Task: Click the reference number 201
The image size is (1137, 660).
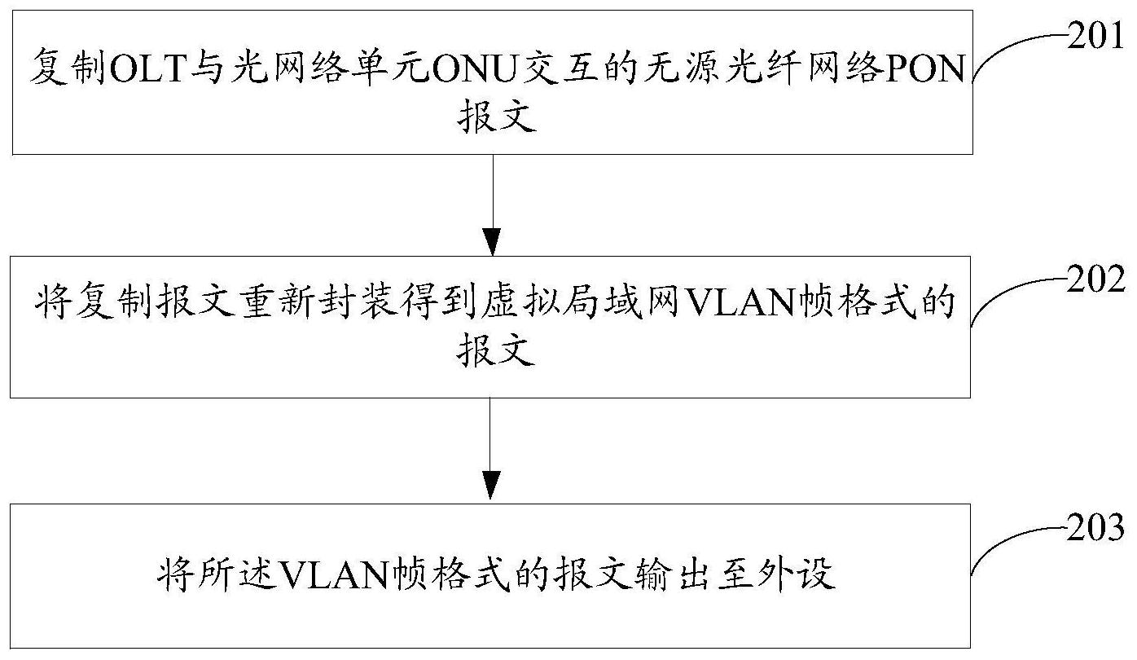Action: click(x=1095, y=36)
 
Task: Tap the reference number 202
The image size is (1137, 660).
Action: click(x=1095, y=279)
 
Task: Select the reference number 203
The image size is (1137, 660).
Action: click(x=1095, y=527)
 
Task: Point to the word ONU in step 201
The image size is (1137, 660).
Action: click(x=472, y=69)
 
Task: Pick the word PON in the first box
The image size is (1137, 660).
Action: click(x=924, y=69)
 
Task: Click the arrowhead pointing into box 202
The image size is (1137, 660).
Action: click(x=493, y=242)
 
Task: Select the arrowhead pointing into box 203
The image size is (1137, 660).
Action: click(x=490, y=486)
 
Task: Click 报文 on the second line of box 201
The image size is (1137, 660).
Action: click(x=497, y=117)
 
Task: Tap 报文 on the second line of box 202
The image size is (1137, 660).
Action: click(x=496, y=350)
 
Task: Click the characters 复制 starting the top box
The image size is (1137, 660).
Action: click(x=68, y=68)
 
